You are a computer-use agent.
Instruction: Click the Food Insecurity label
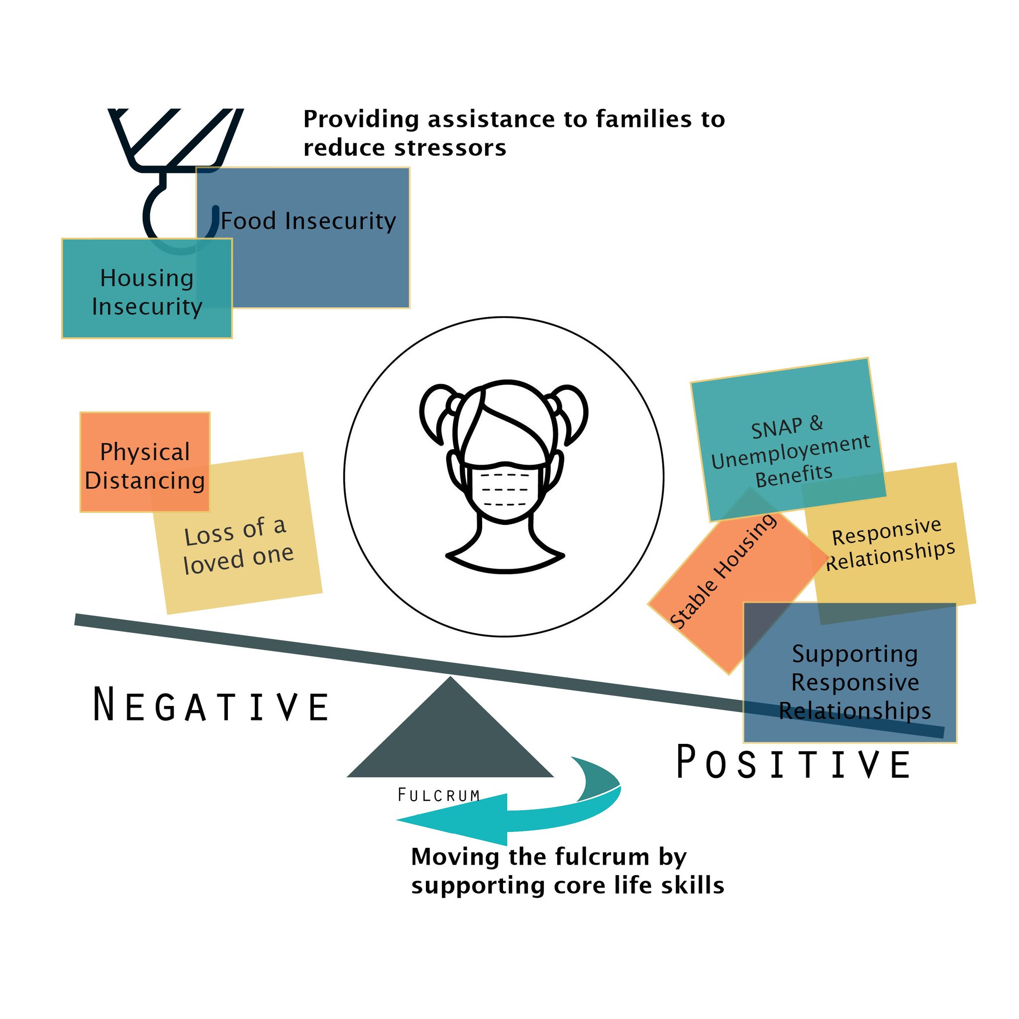click(x=308, y=221)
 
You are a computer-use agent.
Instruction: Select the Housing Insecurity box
click(x=147, y=292)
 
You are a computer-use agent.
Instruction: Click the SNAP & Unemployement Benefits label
click(x=790, y=451)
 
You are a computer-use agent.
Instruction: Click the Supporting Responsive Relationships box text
click(x=854, y=682)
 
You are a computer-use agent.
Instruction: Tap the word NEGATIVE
click(x=211, y=705)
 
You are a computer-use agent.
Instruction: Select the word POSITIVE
click(x=793, y=763)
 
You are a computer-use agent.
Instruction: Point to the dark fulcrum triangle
click(x=450, y=738)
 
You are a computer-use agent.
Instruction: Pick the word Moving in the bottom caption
click(x=455, y=857)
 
